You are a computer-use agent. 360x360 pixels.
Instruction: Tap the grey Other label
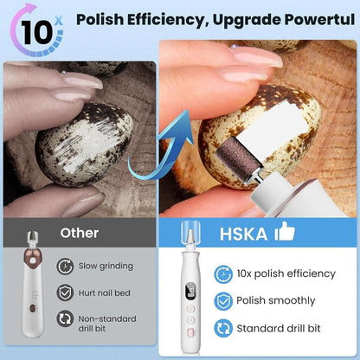(x=80, y=233)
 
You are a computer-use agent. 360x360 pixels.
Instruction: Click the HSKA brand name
(x=241, y=233)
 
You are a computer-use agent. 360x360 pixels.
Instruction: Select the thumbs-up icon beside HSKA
(x=284, y=231)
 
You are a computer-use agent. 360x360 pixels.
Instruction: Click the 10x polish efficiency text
(x=286, y=273)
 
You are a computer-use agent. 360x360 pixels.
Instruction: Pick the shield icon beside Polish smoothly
(x=223, y=301)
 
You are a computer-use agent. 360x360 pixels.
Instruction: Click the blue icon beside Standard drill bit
(x=223, y=329)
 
